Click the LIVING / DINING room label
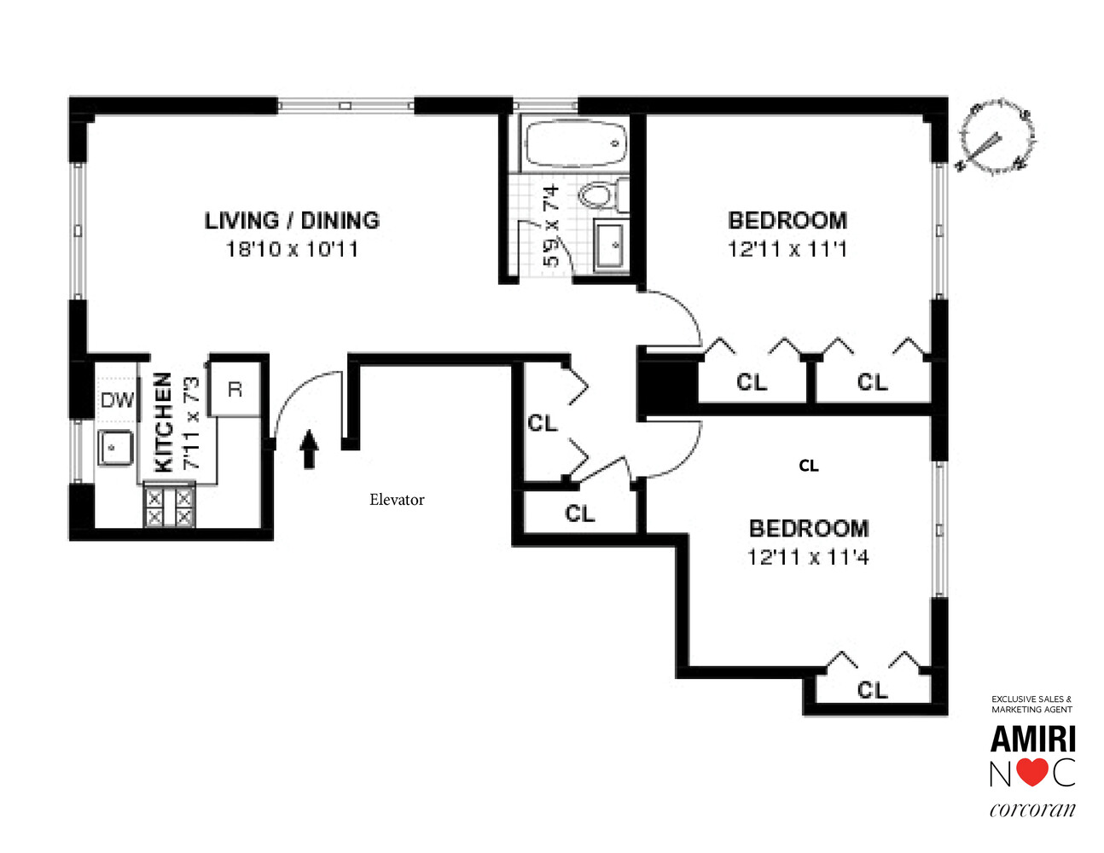point(292,220)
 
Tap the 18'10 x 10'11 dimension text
point(292,249)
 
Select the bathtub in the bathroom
point(575,144)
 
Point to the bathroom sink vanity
point(611,245)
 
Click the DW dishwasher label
point(117,399)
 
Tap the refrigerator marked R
point(235,389)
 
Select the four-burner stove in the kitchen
point(169,507)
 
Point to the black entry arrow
point(309,450)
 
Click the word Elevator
point(397,500)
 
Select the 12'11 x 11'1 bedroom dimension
point(787,249)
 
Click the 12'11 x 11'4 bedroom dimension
point(808,557)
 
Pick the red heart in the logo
point(1032,772)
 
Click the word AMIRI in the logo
point(1032,739)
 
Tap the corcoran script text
point(1032,809)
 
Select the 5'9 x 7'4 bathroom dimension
point(552,225)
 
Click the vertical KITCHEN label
point(163,422)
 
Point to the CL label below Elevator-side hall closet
point(579,514)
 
